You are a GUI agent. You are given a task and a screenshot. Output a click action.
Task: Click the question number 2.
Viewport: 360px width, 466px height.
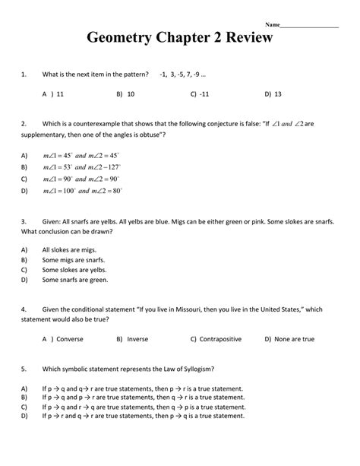pyautogui.click(x=24, y=123)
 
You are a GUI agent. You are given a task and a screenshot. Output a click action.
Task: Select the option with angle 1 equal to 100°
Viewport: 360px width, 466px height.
pyautogui.click(x=82, y=191)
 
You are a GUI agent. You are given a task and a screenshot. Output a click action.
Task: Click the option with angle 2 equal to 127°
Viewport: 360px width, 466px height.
pyautogui.click(x=82, y=166)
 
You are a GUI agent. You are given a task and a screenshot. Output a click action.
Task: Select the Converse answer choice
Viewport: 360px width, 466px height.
pyautogui.click(x=69, y=339)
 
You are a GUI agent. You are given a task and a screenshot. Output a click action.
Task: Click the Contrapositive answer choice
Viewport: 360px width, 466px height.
pyautogui.click(x=220, y=339)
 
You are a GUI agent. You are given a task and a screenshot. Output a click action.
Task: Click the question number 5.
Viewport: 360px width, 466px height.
pyautogui.click(x=24, y=369)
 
